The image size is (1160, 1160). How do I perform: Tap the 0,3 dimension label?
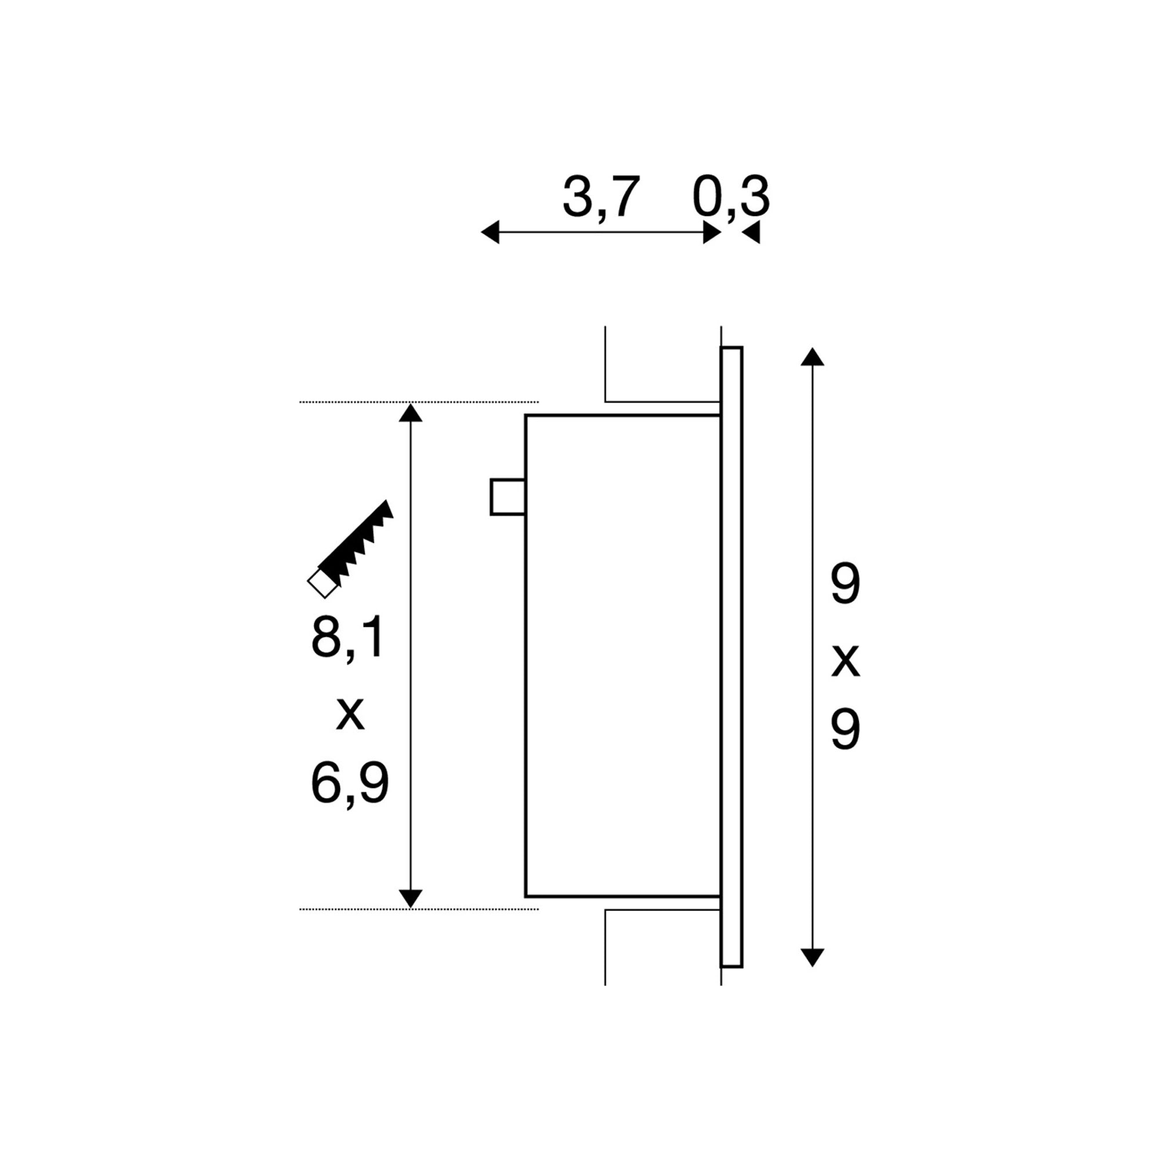(730, 197)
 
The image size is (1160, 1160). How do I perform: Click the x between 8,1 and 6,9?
(350, 714)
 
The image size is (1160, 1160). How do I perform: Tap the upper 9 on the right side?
(846, 585)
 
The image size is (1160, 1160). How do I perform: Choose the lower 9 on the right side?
(846, 730)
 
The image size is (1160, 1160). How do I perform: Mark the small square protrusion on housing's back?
(508, 497)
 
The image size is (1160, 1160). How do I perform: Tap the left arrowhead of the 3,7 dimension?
(491, 233)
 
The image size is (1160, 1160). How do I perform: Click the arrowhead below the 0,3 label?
(751, 233)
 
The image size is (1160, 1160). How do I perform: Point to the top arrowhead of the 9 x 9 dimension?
(813, 357)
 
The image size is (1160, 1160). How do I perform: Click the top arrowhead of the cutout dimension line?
(411, 413)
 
